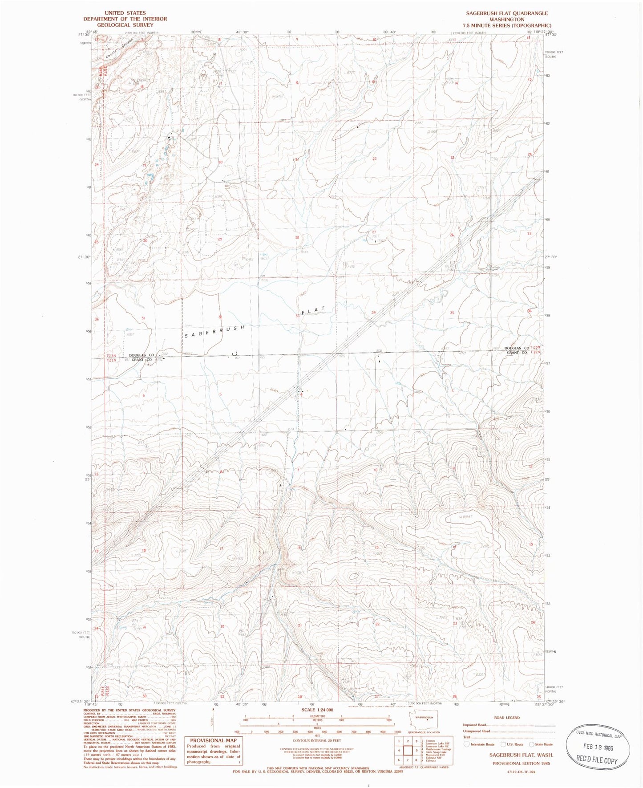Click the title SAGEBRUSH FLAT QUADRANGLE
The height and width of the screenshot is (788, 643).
coord(507,13)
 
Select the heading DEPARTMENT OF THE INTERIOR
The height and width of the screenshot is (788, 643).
coord(125,19)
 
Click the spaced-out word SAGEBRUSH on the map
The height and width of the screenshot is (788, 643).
coord(214,332)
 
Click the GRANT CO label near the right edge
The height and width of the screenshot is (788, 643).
coord(517,353)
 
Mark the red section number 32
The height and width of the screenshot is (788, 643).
coord(220,317)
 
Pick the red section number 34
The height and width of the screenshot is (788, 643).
coord(373,313)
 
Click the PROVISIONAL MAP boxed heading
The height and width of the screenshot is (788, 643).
coord(213,740)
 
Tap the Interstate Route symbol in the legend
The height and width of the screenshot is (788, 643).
coord(466,744)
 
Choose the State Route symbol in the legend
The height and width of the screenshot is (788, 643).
coord(531,744)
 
